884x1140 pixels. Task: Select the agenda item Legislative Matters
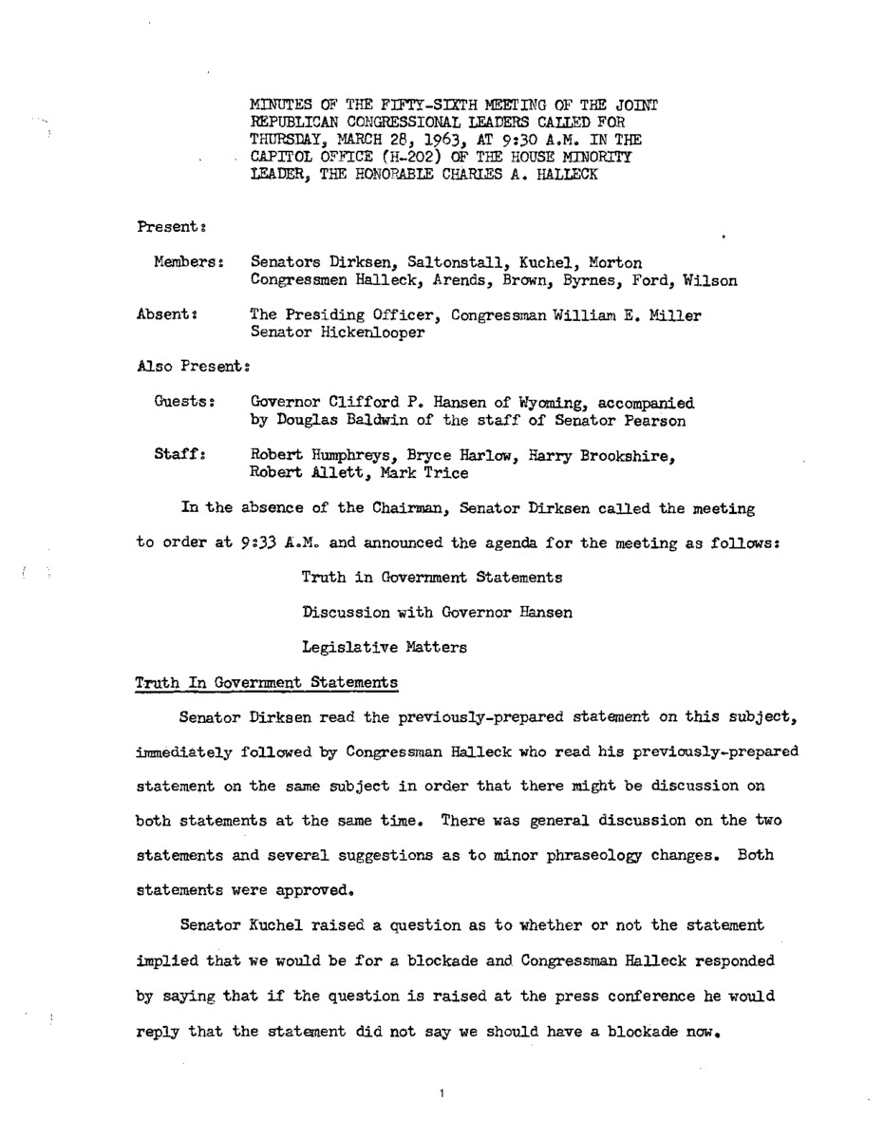(x=384, y=648)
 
